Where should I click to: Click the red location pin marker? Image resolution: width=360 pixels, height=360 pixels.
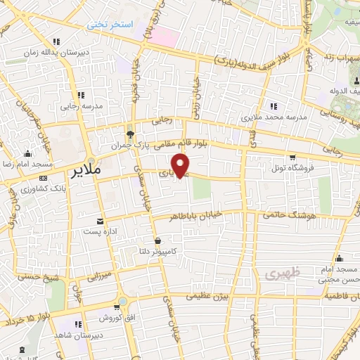click(x=183, y=166)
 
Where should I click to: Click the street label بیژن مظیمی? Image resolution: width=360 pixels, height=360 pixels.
click(x=209, y=298)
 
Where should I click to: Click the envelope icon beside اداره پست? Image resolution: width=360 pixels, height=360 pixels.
click(x=100, y=220)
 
